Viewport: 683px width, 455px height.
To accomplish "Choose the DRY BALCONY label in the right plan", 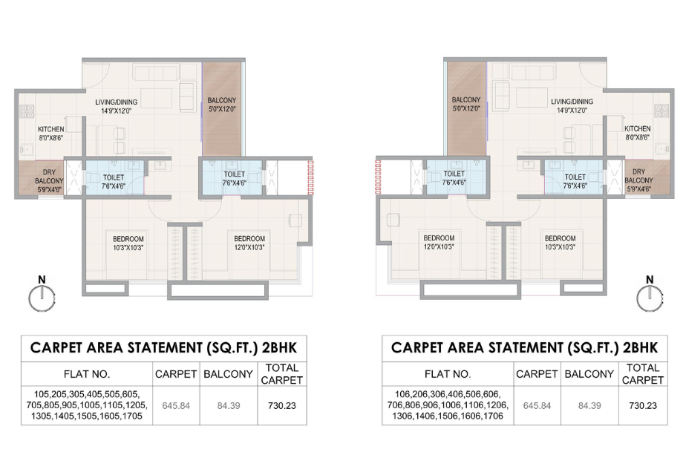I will pyautogui.click(x=638, y=180).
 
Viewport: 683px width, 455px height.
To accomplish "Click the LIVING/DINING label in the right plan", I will pyautogui.click(x=572, y=106).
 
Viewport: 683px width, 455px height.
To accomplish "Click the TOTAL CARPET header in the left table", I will pyautogui.click(x=281, y=374).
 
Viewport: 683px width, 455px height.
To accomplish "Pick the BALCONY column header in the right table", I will pyautogui.click(x=590, y=374).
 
